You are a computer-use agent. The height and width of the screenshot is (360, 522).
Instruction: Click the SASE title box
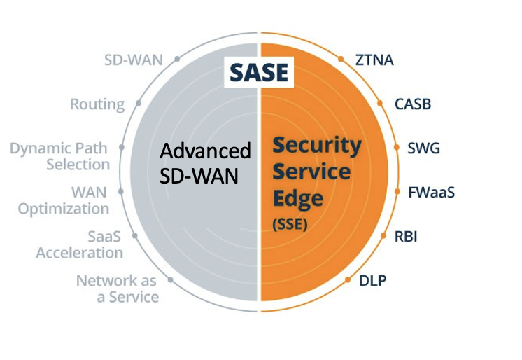(x=259, y=72)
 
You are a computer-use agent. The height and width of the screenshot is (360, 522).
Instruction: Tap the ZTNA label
(x=374, y=60)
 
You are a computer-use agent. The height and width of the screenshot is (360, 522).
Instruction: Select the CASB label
(x=413, y=104)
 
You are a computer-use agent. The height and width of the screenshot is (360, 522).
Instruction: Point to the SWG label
(x=423, y=148)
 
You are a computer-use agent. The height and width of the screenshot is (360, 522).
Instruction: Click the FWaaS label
(x=432, y=193)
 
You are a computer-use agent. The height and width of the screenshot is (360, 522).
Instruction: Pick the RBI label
(x=406, y=237)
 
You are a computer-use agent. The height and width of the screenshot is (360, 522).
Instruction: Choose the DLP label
(x=372, y=281)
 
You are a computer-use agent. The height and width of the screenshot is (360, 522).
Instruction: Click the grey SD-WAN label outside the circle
(x=134, y=60)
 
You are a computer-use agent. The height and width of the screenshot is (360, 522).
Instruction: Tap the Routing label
(x=97, y=104)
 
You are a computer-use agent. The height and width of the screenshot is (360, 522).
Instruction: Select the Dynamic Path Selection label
(x=60, y=156)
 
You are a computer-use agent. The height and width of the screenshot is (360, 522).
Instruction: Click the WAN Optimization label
(x=64, y=201)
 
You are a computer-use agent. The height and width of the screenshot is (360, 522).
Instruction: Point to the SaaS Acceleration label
(x=80, y=245)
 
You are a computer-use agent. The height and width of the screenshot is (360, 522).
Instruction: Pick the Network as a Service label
(x=118, y=289)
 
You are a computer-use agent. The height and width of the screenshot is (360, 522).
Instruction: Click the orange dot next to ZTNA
(x=341, y=59)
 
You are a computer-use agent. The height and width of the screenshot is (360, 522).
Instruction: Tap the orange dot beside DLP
(x=348, y=279)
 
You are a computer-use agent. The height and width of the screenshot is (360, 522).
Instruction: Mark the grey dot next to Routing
(x=139, y=104)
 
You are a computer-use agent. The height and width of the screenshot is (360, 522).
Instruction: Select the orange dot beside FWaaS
(x=397, y=191)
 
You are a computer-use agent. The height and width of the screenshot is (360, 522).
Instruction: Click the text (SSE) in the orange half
(x=290, y=224)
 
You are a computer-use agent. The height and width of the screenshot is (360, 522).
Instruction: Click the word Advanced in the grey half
(x=205, y=151)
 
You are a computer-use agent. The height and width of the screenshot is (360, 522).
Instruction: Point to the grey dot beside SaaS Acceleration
(x=135, y=235)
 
